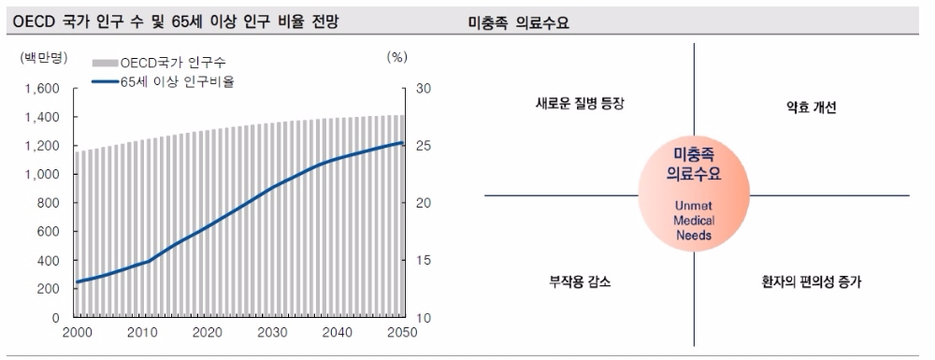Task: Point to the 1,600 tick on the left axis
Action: coord(42,89)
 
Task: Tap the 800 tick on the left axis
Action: coord(48,203)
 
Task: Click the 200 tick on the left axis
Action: coord(48,289)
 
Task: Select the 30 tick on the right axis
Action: coord(423,89)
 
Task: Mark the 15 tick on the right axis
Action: coord(423,261)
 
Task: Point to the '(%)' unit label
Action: coord(396,56)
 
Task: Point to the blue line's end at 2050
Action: coord(402,143)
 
